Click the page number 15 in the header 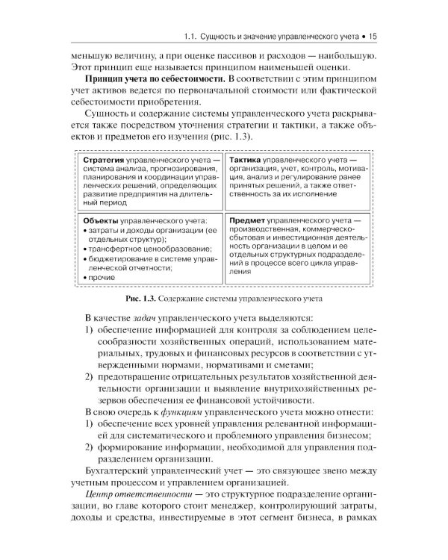374,34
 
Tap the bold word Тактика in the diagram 249,161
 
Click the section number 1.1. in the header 193,34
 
